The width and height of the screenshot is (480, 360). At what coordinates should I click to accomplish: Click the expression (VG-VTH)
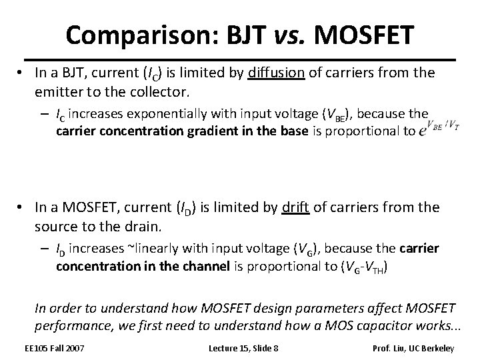(x=361, y=266)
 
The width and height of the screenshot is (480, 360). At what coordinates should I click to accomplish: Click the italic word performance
(x=73, y=326)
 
